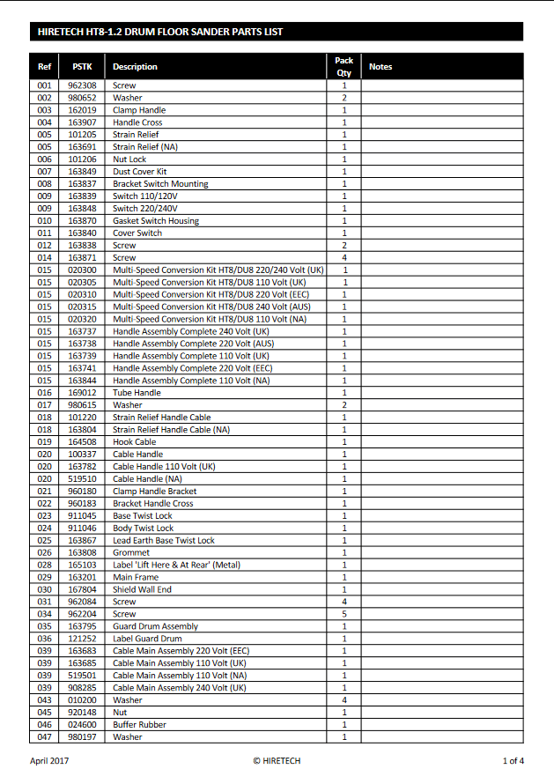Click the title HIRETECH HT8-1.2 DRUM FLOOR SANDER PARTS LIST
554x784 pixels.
click(160, 32)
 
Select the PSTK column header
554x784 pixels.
click(82, 67)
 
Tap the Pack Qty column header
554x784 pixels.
click(343, 67)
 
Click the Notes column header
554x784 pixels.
click(380, 67)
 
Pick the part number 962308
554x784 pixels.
click(82, 85)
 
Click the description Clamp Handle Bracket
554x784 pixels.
click(154, 492)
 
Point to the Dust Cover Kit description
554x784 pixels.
click(139, 172)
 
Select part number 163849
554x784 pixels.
click(82, 172)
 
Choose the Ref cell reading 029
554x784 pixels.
click(45, 577)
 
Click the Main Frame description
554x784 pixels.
click(135, 577)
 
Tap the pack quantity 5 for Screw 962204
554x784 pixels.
click(344, 614)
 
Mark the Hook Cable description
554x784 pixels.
click(134, 442)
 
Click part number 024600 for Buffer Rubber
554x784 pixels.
click(82, 725)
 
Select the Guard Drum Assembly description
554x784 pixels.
click(155, 626)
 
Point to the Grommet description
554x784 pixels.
click(130, 552)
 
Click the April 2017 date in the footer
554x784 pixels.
click(49, 760)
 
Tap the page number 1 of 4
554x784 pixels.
click(513, 760)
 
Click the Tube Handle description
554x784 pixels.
click(137, 393)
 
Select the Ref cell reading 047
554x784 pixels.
click(45, 737)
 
